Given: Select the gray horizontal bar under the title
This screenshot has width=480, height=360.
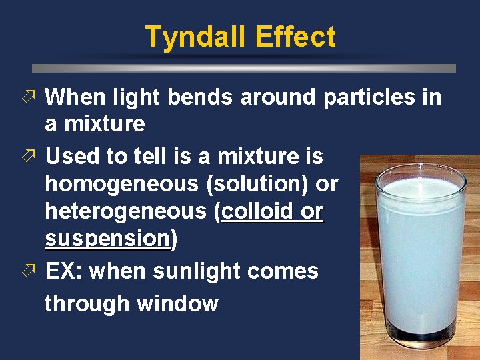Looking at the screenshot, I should [244, 68].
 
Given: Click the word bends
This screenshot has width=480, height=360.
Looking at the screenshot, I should [200, 97].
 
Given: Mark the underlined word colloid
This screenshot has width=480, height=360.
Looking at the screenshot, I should [254, 212].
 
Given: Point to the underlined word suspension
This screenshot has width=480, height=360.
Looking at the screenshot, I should [107, 239].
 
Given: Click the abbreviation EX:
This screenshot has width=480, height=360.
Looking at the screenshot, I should [64, 272].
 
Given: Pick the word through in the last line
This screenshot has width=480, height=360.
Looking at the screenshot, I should [87, 304].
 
